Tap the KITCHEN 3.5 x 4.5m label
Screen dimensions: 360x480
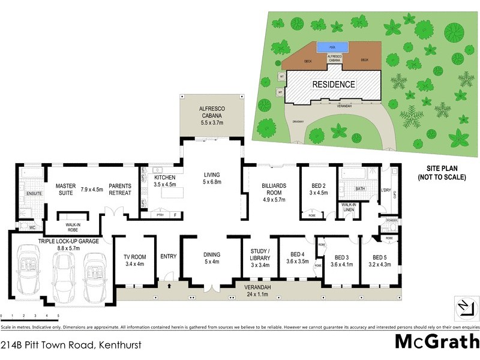tap(164, 181)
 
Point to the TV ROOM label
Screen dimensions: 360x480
tap(134, 260)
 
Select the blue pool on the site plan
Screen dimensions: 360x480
tap(326, 46)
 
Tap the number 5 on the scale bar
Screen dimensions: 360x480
tap(58, 315)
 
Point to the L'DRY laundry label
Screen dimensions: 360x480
tap(386, 191)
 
